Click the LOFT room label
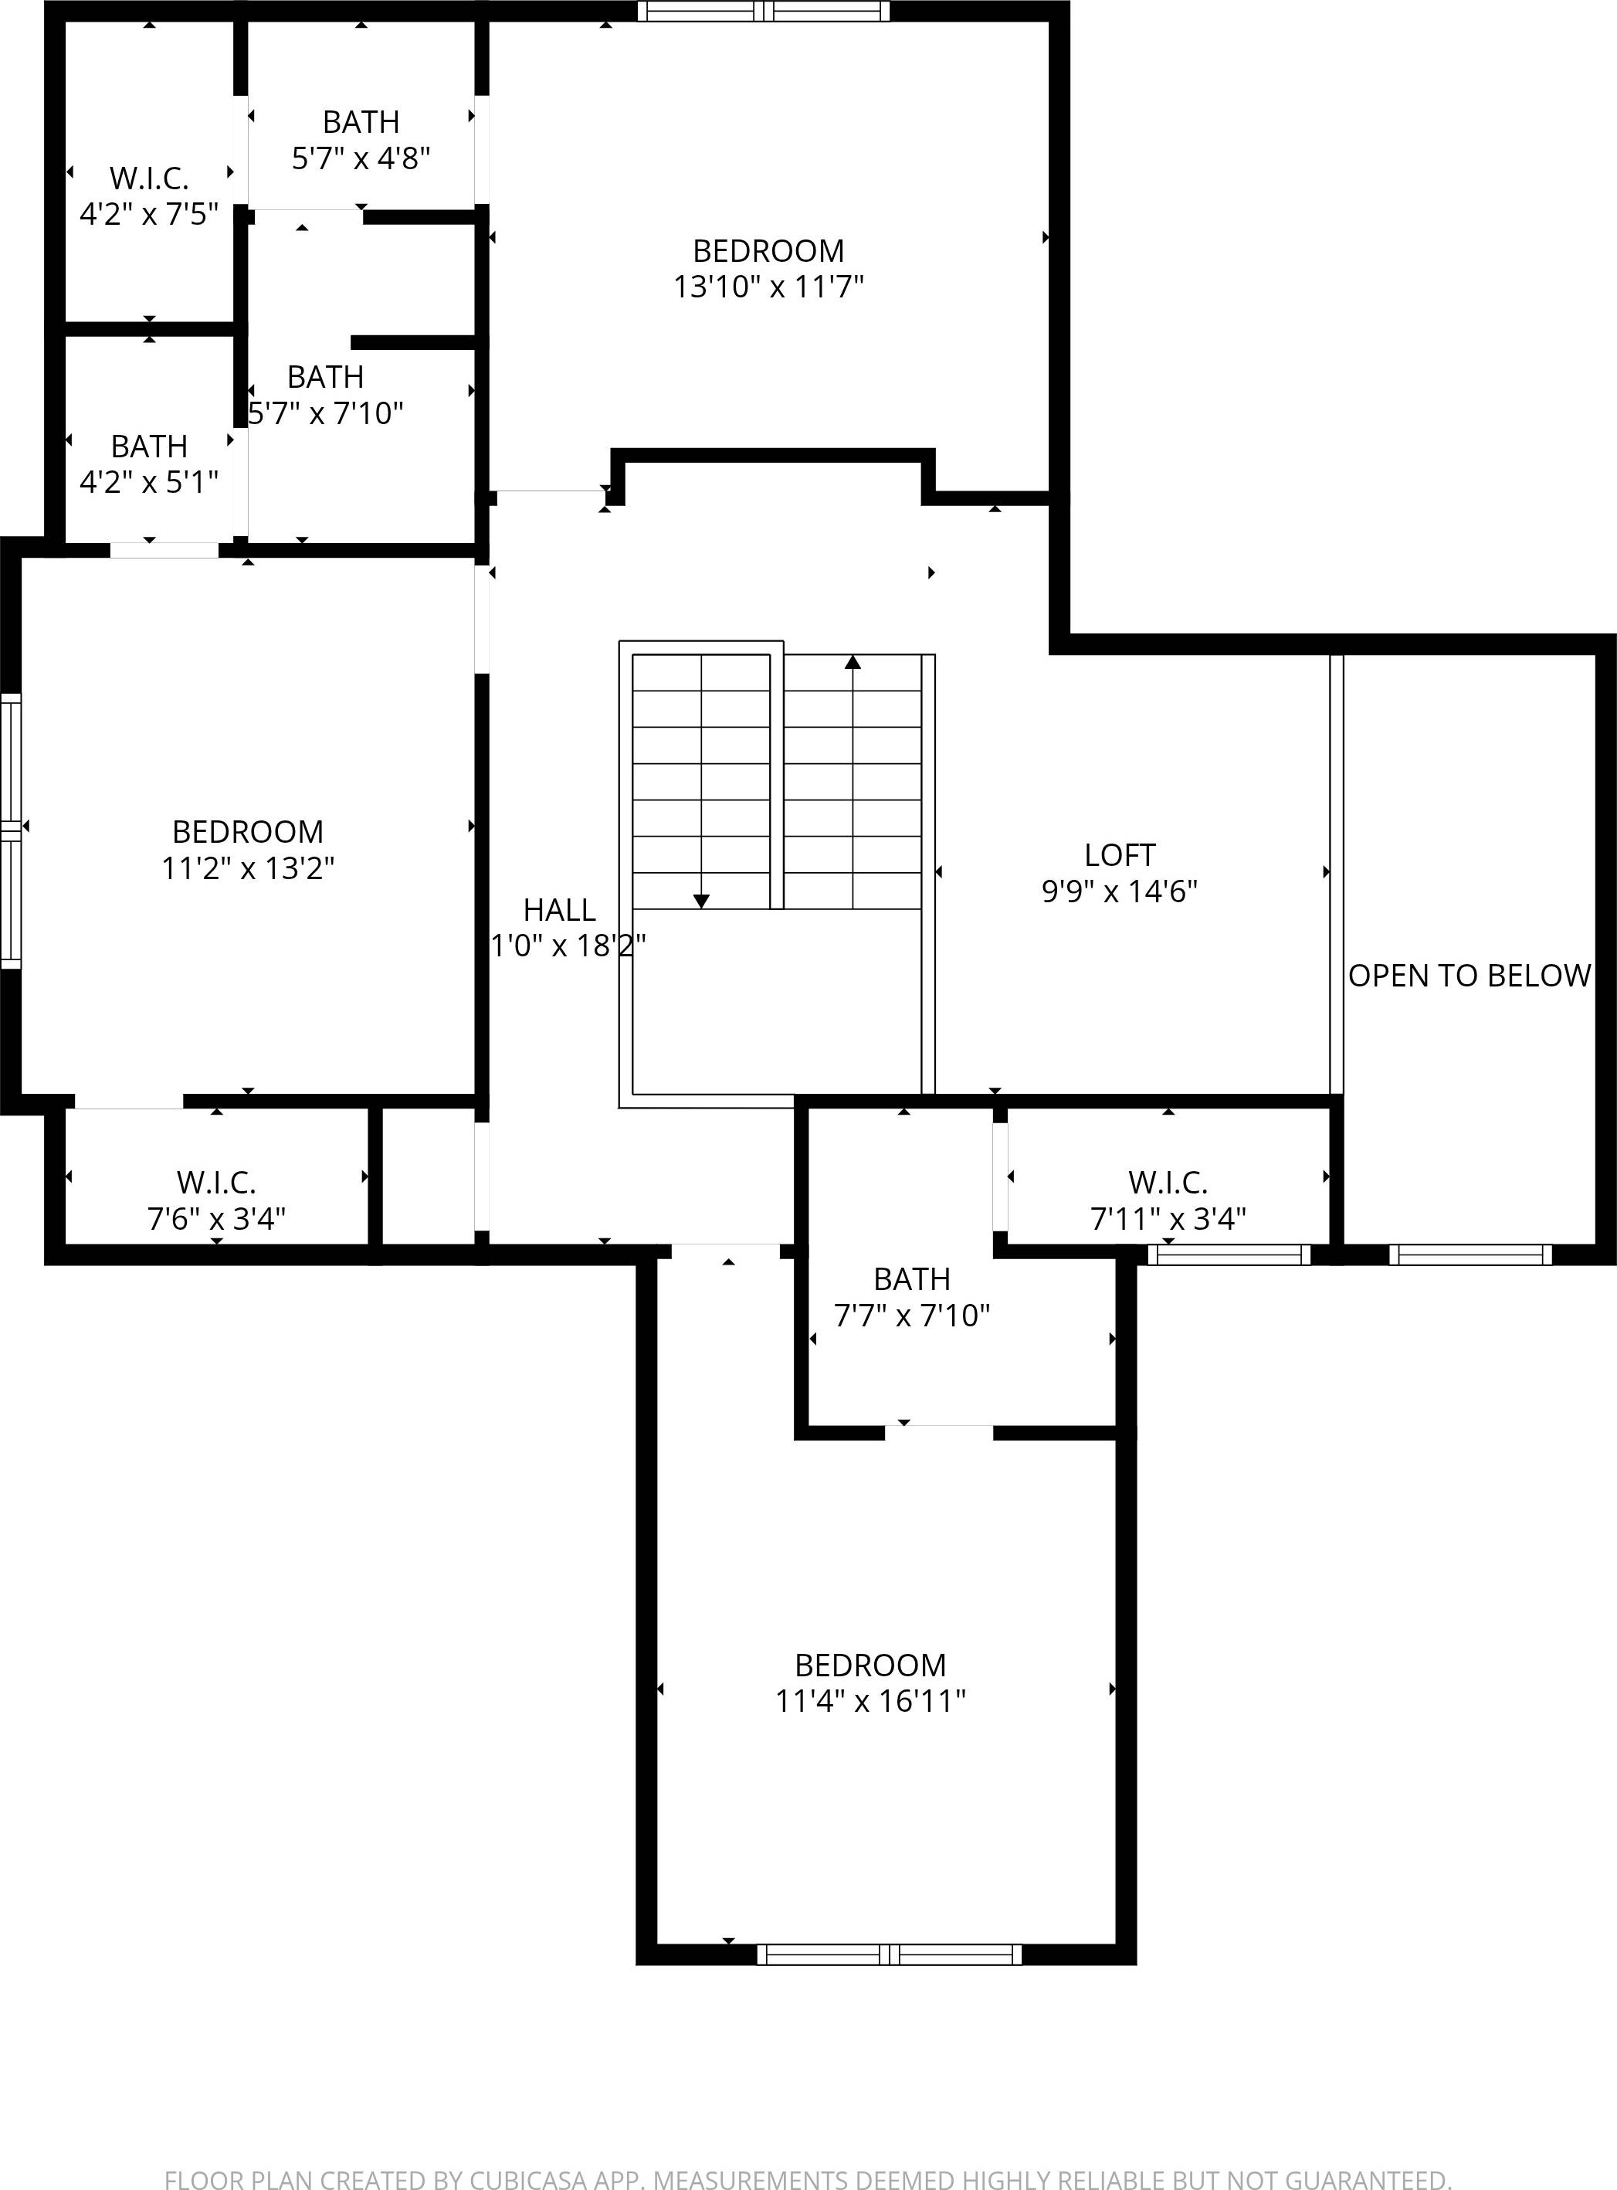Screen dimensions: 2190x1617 tap(1120, 854)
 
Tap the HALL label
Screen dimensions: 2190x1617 tap(559, 909)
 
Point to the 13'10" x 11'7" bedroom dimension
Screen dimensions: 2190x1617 tap(768, 287)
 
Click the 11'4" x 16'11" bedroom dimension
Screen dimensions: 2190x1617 tap(870, 1700)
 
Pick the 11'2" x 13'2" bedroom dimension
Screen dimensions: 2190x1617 tap(248, 868)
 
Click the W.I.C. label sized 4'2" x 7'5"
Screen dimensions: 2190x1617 tap(149, 178)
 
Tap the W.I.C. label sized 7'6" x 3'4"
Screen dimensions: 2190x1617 tap(216, 1183)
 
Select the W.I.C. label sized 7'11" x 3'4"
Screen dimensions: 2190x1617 tap(1168, 1183)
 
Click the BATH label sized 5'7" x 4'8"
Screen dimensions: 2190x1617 tap(361, 122)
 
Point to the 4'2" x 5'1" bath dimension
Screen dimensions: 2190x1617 tap(149, 482)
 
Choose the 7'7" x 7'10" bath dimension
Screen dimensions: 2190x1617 tap(911, 1315)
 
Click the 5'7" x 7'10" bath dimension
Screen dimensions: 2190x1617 tap(326, 413)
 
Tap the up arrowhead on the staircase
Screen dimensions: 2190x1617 tap(853, 663)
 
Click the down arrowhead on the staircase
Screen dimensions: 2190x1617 tap(701, 901)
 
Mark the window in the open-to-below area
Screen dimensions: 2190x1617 tap(1470, 1254)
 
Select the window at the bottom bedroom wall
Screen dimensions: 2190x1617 tap(889, 1954)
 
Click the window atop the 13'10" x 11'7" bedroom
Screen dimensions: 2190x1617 tap(764, 12)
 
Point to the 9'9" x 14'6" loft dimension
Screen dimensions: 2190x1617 tap(1120, 891)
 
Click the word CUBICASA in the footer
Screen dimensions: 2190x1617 tap(527, 2179)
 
